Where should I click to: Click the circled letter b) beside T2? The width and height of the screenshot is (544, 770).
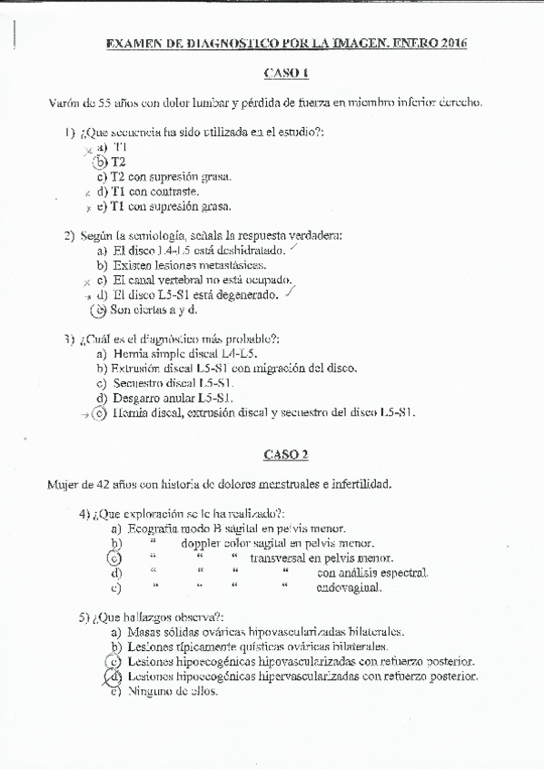(101, 162)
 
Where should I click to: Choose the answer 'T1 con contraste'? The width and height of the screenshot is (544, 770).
(154, 192)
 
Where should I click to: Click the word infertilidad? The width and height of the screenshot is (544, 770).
(360, 484)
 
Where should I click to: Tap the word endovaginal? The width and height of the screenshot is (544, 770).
(349, 587)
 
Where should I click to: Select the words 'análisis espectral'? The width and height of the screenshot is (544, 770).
(371, 573)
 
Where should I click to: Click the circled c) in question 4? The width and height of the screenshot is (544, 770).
(115, 558)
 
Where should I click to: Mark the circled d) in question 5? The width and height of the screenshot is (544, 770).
(114, 676)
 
